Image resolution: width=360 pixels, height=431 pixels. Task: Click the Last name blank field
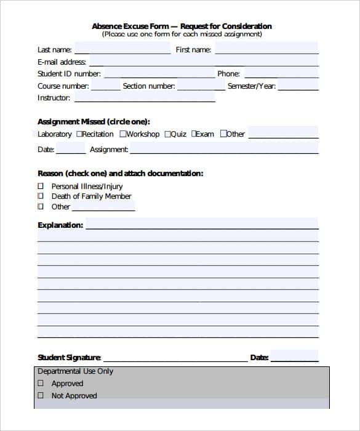tap(122, 50)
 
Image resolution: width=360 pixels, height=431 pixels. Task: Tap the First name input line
tap(266, 50)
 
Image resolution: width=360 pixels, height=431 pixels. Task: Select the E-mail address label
tap(62, 62)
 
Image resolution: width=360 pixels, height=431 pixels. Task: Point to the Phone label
tap(228, 74)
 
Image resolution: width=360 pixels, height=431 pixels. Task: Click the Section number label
tap(149, 86)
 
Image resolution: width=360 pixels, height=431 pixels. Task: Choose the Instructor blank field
tap(145, 98)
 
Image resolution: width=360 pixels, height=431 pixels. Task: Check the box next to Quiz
tap(167, 134)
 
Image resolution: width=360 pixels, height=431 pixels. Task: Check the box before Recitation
tap(79, 134)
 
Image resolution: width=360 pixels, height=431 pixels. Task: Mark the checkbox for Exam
tap(194, 134)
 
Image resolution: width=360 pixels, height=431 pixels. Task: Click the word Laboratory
tap(55, 134)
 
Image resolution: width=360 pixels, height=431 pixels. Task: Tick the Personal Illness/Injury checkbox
tap(41, 186)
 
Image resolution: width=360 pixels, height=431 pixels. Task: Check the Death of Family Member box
tap(41, 196)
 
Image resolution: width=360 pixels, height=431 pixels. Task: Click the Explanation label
tap(60, 225)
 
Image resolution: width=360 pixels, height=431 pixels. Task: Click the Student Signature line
tap(175, 358)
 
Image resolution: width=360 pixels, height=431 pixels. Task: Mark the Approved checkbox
tap(41, 384)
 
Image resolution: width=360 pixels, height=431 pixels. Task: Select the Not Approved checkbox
tap(41, 396)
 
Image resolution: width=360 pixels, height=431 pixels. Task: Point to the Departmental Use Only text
tap(75, 371)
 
